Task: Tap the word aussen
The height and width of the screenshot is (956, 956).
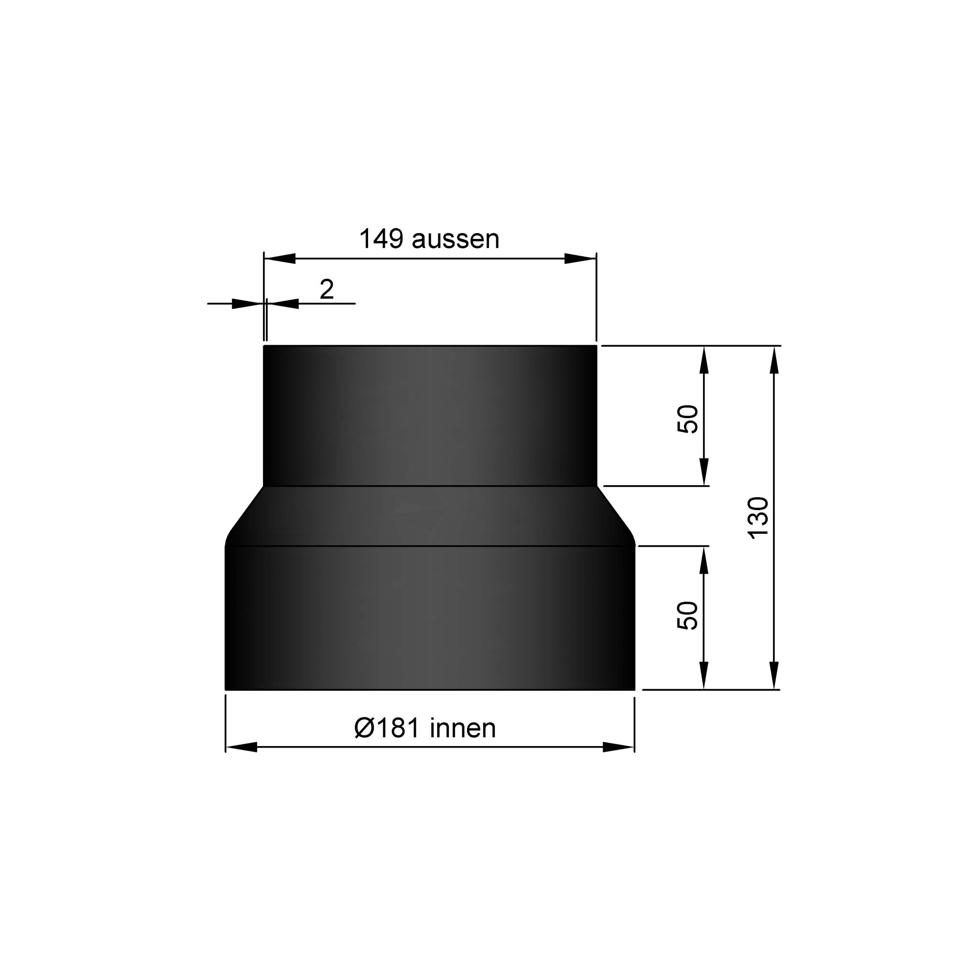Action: tap(455, 240)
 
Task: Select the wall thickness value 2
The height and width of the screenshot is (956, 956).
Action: tap(326, 290)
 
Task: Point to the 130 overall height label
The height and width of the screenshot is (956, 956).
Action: tap(758, 518)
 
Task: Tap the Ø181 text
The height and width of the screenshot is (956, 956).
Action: tap(388, 728)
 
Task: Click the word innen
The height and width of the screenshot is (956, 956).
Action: tap(463, 728)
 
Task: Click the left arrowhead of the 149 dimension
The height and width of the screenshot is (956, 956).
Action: tap(280, 258)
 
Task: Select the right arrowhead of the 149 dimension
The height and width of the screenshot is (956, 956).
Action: tap(580, 258)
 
